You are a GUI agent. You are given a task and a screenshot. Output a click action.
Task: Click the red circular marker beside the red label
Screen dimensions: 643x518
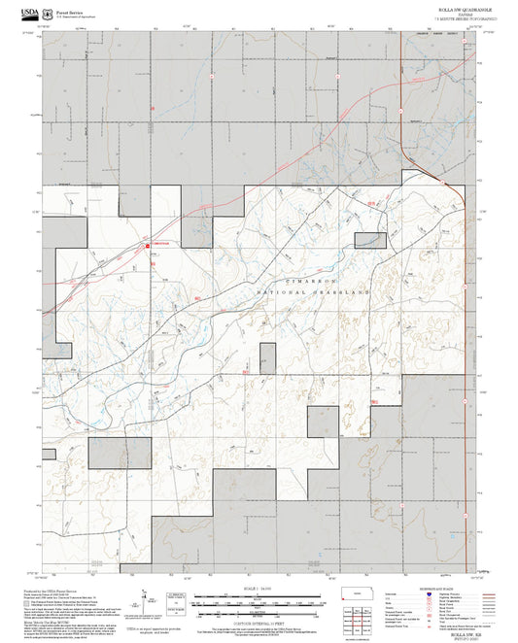tap(148, 246)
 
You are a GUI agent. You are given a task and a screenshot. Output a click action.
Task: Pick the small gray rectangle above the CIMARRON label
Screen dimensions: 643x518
tap(369, 240)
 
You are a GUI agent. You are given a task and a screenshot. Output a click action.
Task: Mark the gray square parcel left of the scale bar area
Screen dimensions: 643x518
tap(133, 454)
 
